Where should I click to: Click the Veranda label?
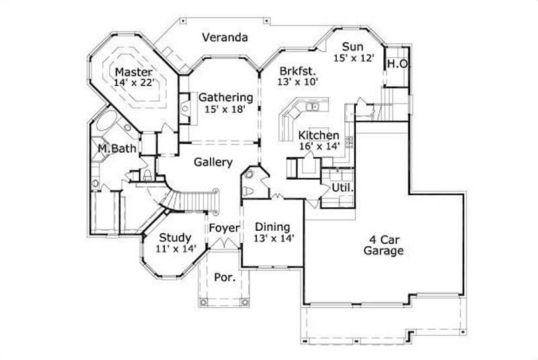tap(225, 38)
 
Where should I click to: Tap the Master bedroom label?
tap(133, 72)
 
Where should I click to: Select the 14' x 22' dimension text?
tap(134, 83)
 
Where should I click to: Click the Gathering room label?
tap(225, 97)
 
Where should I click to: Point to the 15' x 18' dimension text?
tap(225, 108)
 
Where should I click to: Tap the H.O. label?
tap(395, 64)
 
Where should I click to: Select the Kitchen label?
tap(319, 135)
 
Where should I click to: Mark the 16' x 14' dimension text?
tap(319, 146)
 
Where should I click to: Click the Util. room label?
tap(342, 188)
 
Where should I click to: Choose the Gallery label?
tap(213, 162)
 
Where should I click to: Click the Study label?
tap(175, 238)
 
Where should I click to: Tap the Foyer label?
tap(223, 228)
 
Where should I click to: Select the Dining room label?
tap(272, 227)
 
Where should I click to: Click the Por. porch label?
tap(224, 277)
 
